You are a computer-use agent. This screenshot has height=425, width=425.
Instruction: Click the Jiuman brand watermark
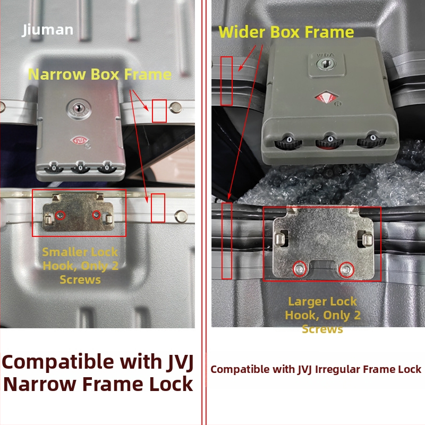(47, 30)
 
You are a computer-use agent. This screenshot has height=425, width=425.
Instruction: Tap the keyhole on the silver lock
(79, 108)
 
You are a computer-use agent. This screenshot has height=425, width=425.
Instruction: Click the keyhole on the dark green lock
(326, 64)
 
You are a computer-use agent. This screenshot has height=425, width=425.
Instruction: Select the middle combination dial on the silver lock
(81, 168)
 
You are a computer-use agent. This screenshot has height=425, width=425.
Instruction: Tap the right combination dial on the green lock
(371, 139)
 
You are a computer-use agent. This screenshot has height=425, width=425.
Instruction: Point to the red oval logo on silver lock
(79, 141)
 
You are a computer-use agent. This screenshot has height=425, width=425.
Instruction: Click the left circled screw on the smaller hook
(60, 216)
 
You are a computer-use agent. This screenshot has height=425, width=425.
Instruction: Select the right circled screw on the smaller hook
(97, 215)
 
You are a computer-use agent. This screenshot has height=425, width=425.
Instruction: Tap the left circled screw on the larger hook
(300, 269)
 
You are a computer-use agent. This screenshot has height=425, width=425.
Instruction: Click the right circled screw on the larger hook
(346, 269)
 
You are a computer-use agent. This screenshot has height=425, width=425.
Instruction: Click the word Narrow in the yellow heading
(57, 74)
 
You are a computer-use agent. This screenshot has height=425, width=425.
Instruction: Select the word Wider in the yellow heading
(242, 32)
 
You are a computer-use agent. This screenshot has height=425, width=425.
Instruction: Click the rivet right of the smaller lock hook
(181, 216)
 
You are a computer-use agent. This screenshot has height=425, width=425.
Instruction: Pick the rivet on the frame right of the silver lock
(175, 108)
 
